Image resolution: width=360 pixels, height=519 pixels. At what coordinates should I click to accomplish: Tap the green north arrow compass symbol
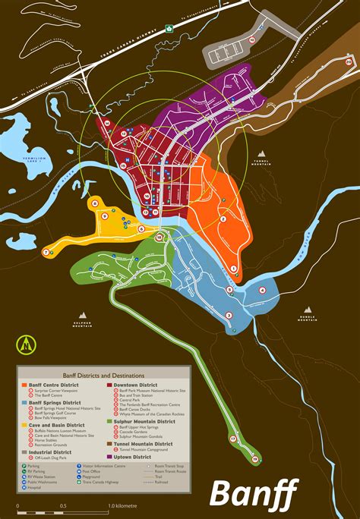pos(26,346)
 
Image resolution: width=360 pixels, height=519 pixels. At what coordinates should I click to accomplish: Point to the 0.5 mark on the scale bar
pos(64,506)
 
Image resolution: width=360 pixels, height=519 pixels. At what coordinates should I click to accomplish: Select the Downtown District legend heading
pos(131,385)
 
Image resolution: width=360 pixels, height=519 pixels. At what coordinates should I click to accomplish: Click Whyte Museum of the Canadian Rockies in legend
pos(152,414)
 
